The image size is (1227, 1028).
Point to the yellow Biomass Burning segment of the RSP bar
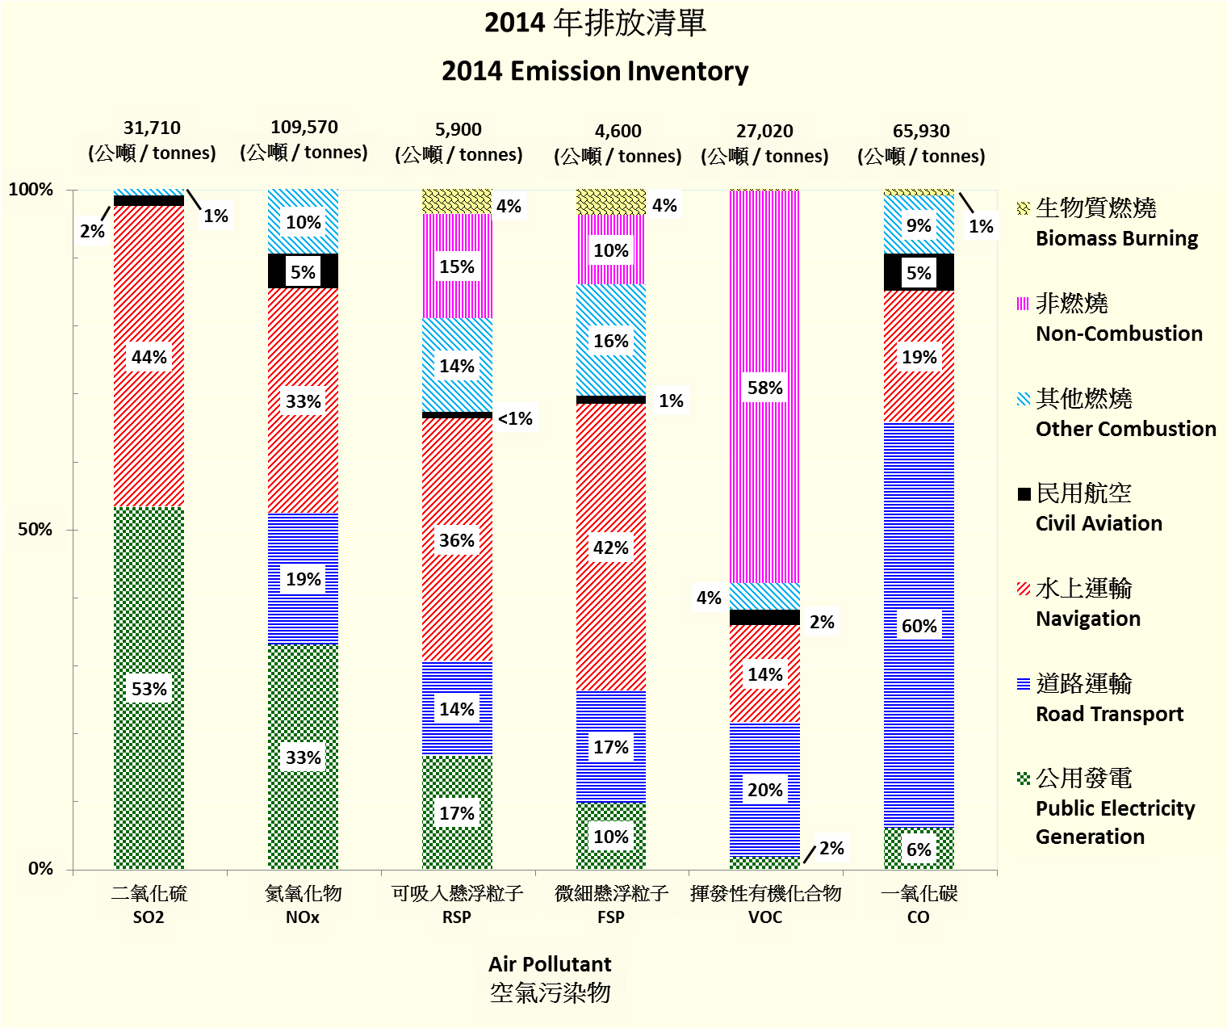tap(457, 201)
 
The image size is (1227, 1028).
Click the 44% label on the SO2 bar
tap(149, 357)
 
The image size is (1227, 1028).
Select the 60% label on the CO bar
tap(919, 626)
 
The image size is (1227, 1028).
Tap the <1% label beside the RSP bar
tap(515, 418)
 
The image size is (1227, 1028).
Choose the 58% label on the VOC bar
tap(764, 388)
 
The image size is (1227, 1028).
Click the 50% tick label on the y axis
tap(36, 530)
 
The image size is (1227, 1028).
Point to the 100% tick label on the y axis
tap(31, 190)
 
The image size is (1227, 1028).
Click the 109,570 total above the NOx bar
tap(304, 127)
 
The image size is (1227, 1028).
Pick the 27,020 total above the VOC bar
tap(764, 131)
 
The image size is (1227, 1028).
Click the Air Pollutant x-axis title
tap(550, 964)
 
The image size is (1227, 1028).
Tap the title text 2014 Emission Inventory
tap(595, 71)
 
